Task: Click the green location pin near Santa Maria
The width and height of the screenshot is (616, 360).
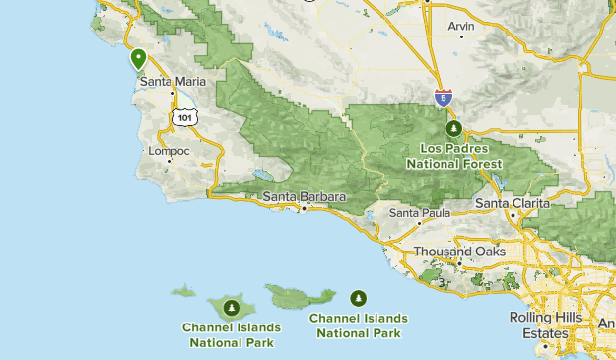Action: click(x=139, y=59)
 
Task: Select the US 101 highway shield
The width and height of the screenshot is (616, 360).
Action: click(x=184, y=116)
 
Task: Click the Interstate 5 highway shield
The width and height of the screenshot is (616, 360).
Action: click(x=444, y=97)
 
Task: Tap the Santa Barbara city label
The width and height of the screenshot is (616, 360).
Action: click(x=305, y=197)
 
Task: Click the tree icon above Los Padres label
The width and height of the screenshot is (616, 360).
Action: click(x=454, y=128)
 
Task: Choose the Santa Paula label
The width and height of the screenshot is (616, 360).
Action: click(x=419, y=212)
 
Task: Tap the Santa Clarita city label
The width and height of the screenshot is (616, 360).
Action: click(x=513, y=203)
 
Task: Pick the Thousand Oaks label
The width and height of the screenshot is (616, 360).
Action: click(x=459, y=252)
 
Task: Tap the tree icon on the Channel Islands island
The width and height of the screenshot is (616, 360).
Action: click(x=230, y=308)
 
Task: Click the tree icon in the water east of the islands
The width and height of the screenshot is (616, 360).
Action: click(x=359, y=297)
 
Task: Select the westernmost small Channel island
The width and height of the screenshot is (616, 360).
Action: click(x=183, y=291)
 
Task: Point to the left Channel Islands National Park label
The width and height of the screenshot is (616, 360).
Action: click(x=231, y=335)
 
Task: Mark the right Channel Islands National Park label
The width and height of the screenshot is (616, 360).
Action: click(x=359, y=325)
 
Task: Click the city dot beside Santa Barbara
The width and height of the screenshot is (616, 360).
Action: click(x=305, y=209)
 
